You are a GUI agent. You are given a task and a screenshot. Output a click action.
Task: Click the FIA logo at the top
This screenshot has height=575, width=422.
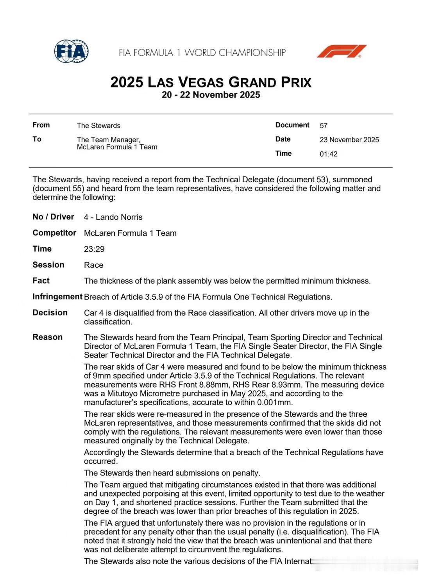[x=71, y=51]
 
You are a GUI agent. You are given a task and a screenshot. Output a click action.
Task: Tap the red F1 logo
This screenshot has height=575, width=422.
[x=341, y=51]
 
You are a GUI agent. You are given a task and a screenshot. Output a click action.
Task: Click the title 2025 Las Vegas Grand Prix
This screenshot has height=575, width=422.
[x=211, y=82]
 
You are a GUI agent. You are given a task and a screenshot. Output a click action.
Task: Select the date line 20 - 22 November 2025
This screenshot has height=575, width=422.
[x=211, y=95]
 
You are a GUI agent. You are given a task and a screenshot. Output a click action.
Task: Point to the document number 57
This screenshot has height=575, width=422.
[x=324, y=126]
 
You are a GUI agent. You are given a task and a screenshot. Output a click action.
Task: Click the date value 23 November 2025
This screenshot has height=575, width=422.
[x=349, y=140]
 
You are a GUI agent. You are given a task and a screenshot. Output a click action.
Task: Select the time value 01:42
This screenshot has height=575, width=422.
[x=328, y=154]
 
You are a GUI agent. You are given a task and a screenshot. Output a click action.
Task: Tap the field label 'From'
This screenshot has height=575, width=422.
[x=41, y=125]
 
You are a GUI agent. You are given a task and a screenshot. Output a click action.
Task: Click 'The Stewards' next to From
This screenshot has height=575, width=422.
[x=98, y=126]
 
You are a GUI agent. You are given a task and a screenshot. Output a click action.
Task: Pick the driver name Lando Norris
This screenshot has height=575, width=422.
[x=119, y=217]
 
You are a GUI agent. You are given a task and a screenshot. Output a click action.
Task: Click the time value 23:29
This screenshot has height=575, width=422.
[x=94, y=249]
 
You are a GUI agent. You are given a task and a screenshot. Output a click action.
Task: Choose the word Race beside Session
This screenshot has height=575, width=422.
[x=94, y=265]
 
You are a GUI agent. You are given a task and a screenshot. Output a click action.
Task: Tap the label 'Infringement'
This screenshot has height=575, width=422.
[x=57, y=297]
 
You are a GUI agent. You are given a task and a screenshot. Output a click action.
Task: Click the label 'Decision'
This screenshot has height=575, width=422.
[x=50, y=313]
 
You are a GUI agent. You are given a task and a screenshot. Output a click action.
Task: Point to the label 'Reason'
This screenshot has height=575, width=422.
[x=47, y=337]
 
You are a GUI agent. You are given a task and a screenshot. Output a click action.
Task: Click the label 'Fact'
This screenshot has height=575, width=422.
[x=41, y=281]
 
